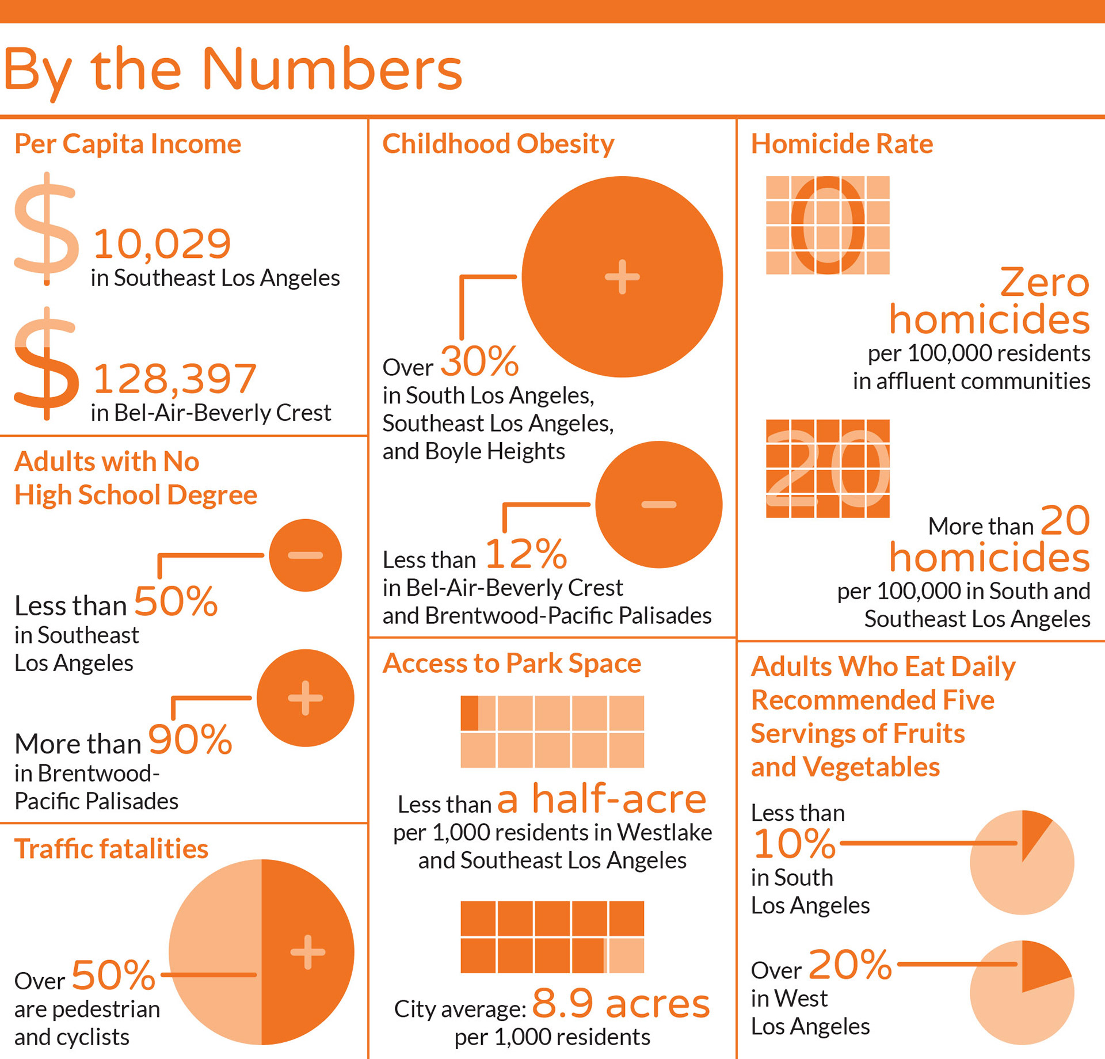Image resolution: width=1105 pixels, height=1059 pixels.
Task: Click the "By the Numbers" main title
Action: [233, 70]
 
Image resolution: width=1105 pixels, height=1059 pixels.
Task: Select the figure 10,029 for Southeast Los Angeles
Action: [162, 243]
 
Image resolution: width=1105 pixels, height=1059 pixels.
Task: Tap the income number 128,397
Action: [174, 379]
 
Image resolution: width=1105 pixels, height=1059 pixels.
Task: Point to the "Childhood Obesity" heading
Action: [498, 144]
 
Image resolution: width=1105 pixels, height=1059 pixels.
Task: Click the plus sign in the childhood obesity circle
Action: [622, 277]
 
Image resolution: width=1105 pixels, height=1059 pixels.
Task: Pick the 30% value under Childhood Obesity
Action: [479, 361]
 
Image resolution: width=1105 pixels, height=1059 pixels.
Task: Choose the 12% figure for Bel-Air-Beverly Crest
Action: [526, 554]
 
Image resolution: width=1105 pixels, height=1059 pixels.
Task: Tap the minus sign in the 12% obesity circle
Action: [658, 505]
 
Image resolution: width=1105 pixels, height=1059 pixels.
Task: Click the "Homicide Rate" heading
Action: [841, 144]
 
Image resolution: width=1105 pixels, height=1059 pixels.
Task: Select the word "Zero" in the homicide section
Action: [1044, 283]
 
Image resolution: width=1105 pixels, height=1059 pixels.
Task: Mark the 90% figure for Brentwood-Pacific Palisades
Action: [190, 740]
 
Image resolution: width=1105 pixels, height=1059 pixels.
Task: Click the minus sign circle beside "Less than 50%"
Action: [305, 555]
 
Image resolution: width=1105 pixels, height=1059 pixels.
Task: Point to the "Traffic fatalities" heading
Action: [111, 849]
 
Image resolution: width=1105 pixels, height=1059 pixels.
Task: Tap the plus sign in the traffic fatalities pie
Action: [307, 952]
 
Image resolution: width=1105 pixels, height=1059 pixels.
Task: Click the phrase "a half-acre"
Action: [601, 799]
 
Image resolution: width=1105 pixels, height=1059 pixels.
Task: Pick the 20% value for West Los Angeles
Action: [850, 965]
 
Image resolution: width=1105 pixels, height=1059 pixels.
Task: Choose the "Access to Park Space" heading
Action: [512, 664]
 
